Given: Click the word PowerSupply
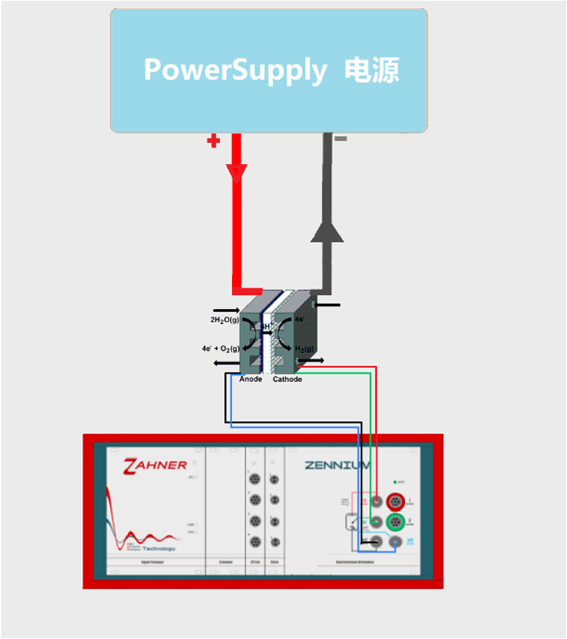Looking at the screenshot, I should pos(235,70).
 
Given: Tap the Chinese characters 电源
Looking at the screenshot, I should pos(372,70).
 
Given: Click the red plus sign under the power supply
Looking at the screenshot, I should pos(214,141).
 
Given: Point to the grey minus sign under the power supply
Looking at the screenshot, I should pos(340,139).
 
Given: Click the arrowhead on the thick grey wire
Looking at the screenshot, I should pos(328,231).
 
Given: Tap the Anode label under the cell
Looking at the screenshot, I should pos(250,379).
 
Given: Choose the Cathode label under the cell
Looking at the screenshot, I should pos(287,379).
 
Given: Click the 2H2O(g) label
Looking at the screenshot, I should pos(224,319).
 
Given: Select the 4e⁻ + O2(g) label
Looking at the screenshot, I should pos(219,347).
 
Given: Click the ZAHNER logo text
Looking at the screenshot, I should pos(155,466).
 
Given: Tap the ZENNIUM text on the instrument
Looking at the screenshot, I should pos(337,466).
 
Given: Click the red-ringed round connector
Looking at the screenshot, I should pos(395,502).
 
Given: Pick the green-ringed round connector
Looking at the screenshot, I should pos(395,522).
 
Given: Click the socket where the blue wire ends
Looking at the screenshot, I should pos(395,543).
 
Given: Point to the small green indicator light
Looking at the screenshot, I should pos(394,482).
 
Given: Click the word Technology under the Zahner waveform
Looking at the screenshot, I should pos(159,548).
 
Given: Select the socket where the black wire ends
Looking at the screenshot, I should pos(375,543).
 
